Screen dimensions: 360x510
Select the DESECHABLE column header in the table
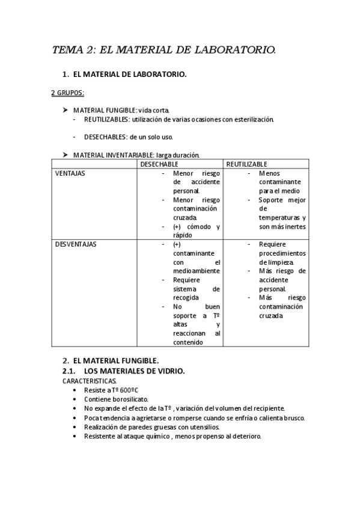pos(160,164)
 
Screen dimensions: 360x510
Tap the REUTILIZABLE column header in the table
pos(247,164)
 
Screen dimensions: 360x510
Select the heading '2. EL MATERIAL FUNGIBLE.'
pos(111,360)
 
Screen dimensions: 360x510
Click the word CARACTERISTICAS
pos(90,381)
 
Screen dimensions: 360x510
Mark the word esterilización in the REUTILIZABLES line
pos(252,119)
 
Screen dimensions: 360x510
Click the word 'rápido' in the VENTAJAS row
pos(182,235)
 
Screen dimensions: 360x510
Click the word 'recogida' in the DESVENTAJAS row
pos(187,298)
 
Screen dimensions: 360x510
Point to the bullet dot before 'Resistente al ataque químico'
pos(74,436)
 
